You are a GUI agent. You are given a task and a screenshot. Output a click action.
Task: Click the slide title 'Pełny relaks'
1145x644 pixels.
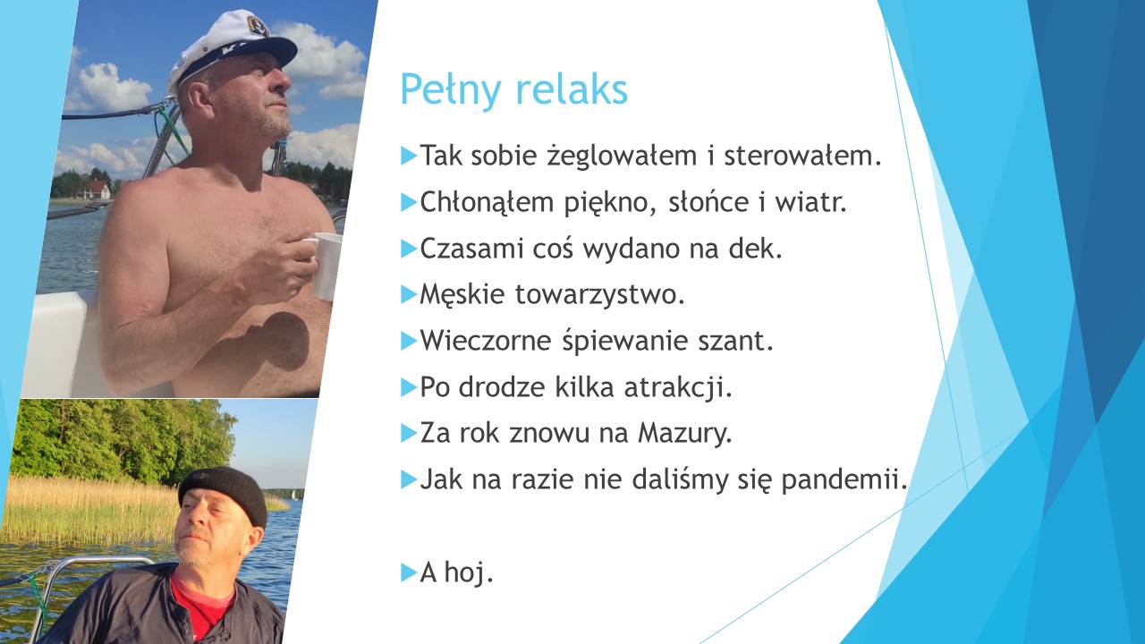coord(513,90)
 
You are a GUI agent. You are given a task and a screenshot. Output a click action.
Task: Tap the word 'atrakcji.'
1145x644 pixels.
coord(678,387)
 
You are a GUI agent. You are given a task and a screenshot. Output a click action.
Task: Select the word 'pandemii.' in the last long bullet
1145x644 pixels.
coord(844,479)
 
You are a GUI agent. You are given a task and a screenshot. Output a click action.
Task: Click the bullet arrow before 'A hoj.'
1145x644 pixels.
coord(409,572)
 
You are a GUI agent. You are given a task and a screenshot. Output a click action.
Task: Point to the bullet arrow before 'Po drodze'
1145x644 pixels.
coord(409,387)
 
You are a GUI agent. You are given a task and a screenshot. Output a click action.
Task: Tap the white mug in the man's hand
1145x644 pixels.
coord(325,265)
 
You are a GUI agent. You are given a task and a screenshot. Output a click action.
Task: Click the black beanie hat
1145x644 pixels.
coord(225,493)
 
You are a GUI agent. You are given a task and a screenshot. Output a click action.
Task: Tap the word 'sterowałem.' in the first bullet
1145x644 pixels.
coord(803,156)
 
